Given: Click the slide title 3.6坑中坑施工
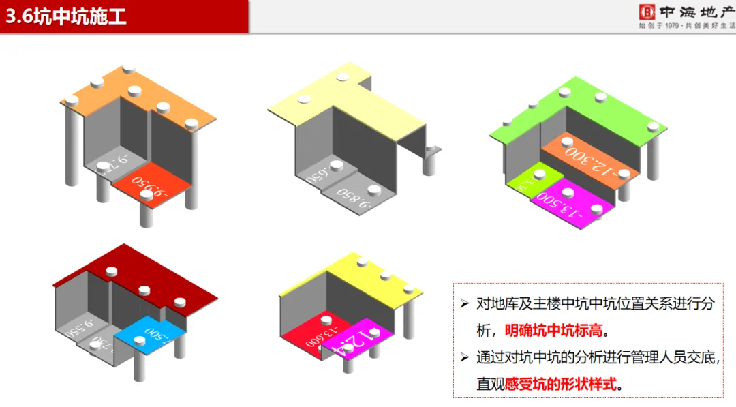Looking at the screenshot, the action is [x=66, y=16].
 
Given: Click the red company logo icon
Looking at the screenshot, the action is [x=646, y=12].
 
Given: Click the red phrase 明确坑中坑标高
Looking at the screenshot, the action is [x=554, y=330].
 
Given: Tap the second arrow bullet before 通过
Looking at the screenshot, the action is [x=465, y=357].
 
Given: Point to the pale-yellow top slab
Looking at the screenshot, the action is [x=341, y=102].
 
